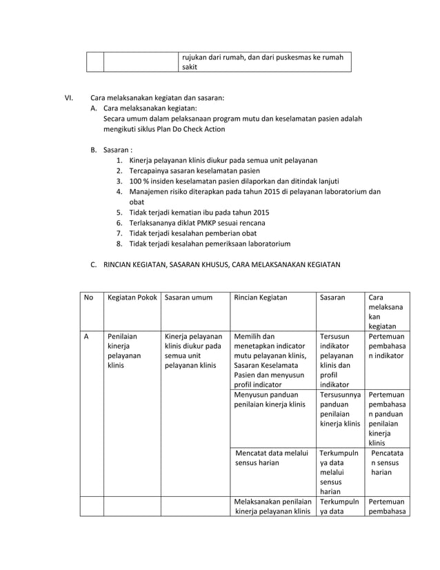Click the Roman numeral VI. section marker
[x=69, y=97]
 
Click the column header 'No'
[x=88, y=297]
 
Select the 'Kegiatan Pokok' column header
[x=131, y=297]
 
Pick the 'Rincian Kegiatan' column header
[x=261, y=297]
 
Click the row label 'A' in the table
[x=87, y=337]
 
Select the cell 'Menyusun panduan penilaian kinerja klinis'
[x=270, y=400]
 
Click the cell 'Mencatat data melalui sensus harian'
[x=269, y=458]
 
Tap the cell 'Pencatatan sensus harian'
[x=386, y=463]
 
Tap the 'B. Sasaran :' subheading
[x=111, y=149]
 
